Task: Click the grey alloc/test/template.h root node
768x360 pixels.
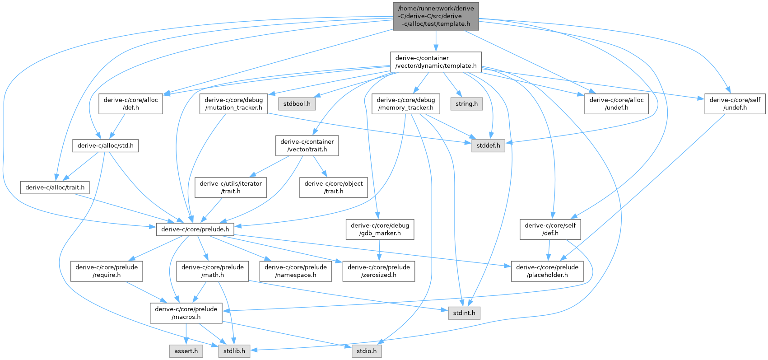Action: point(436,16)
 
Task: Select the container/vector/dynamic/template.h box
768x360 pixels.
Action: point(436,62)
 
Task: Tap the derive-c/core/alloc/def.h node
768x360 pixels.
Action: point(131,103)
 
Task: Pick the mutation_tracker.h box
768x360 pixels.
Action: point(233,103)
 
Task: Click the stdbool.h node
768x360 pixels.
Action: point(296,103)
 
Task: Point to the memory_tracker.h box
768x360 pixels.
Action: point(405,103)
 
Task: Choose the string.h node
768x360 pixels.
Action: point(466,103)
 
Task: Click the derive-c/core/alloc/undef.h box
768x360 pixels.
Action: point(616,103)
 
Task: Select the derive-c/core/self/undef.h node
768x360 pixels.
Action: point(735,103)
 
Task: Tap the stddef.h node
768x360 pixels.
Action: point(488,145)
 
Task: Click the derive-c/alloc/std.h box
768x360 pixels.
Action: point(106,145)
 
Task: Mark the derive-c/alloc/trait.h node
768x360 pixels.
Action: point(55,187)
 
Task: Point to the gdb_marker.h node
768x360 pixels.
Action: point(380,229)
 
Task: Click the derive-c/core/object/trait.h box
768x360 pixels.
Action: point(333,187)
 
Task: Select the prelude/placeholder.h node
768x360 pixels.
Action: point(547,271)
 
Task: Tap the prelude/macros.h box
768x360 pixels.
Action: point(186,313)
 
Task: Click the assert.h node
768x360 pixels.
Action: point(186,351)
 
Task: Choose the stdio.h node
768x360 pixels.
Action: point(367,351)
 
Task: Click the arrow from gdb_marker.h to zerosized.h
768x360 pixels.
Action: point(380,250)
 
